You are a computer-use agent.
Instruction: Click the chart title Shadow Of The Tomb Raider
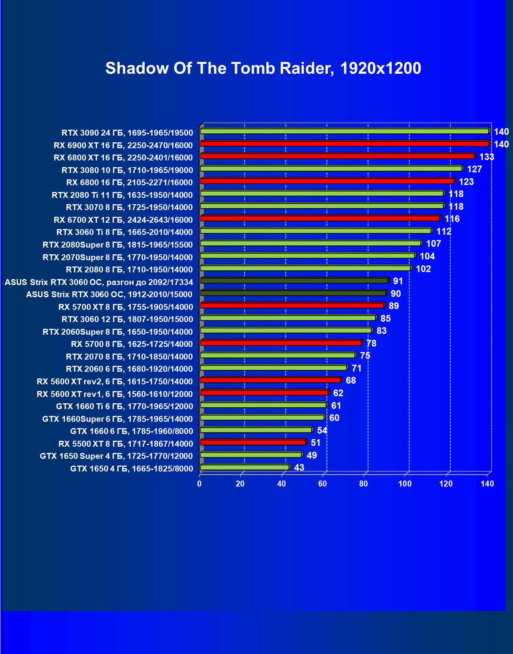coord(263,68)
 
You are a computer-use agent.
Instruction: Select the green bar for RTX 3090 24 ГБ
coord(344,131)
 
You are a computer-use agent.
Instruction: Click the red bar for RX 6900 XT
coord(344,143)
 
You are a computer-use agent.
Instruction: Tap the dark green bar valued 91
coord(294,281)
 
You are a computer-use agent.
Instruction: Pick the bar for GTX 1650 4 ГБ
coord(244,467)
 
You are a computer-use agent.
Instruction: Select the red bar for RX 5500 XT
coord(253,442)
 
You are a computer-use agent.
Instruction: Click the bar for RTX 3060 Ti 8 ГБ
coord(315,231)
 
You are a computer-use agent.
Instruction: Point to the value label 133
coord(487,157)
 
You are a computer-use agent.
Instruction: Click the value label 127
coord(474,169)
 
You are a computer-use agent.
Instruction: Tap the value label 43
coord(299,468)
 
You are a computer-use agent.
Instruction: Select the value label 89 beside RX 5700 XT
coord(394,306)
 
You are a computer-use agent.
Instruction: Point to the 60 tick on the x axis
coord(323,484)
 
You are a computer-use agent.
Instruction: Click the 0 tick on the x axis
coord(200,484)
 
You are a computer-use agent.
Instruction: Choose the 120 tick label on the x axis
coord(446,484)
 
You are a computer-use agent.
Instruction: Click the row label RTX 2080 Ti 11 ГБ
coord(122,195)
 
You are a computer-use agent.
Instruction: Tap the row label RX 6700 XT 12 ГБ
coord(123,220)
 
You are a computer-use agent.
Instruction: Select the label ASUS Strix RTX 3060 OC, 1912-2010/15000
coord(109,294)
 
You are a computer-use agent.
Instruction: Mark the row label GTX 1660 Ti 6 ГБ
coord(125,406)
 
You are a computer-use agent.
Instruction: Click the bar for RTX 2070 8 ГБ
coord(278,355)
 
